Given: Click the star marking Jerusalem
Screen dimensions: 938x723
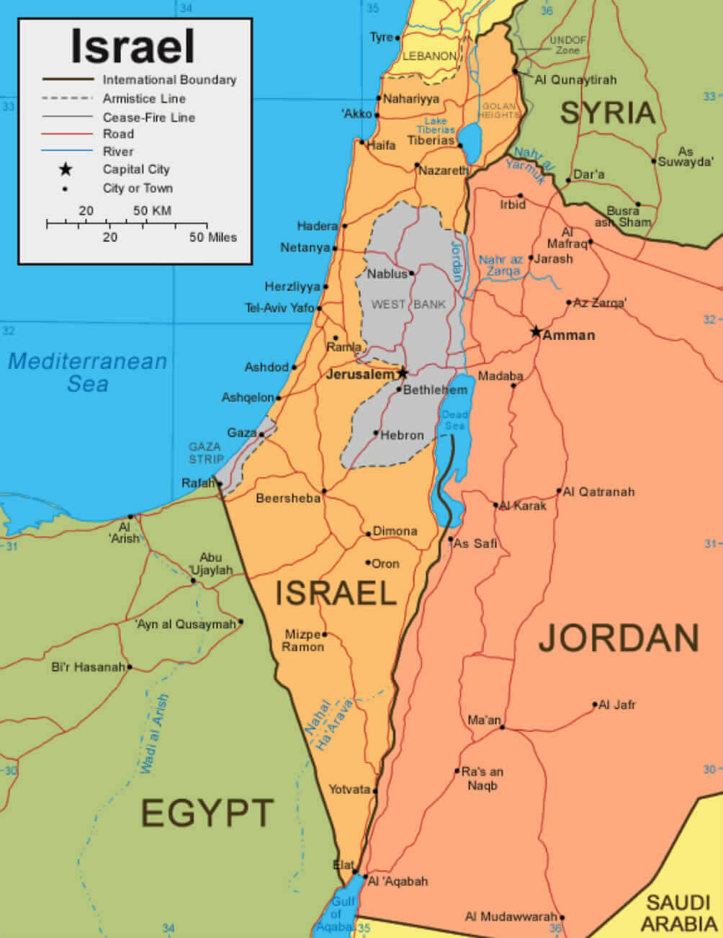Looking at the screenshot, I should pos(403,373).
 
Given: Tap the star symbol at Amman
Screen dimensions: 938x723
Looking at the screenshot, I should pos(536,332).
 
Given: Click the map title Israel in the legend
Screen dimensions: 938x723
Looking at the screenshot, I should pos(133,47).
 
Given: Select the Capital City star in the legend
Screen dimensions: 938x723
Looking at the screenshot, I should pos(66,170).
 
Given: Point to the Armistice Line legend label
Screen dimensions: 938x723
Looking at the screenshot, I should pos(144,99).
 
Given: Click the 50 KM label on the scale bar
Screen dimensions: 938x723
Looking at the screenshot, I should pos(152,211).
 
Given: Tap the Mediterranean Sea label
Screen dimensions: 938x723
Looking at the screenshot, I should pos(87,372).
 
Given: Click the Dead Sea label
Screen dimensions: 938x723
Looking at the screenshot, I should pos(454,420).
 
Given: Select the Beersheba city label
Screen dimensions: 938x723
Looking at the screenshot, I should pos(288,499).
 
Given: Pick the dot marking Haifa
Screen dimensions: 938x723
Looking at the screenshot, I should pos(361,142).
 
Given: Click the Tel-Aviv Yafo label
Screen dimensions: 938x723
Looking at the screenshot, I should pos(279,308).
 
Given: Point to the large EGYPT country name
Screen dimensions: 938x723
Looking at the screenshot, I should pos(207,813).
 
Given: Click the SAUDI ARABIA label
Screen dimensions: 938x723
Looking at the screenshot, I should pos(678,914).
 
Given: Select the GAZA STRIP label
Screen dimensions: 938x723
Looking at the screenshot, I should pos(206,453).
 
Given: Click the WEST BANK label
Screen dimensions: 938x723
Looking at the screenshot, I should pos(408,305).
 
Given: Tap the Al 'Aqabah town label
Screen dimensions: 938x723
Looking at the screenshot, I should pos(398,881).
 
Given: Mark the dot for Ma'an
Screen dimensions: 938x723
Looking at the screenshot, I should pos(502,728).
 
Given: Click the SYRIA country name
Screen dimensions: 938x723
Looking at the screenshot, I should pos(608,113).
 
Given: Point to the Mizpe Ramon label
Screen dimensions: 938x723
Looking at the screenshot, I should pos(302,640).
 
